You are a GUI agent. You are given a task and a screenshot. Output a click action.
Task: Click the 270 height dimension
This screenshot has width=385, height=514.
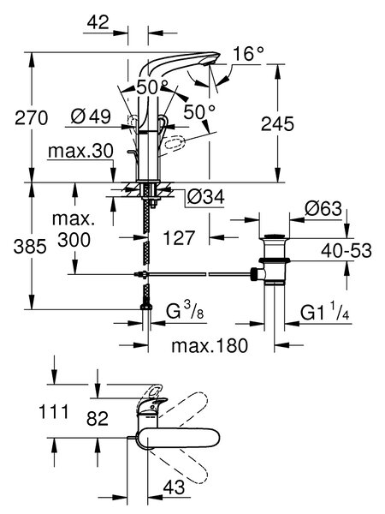(31, 118)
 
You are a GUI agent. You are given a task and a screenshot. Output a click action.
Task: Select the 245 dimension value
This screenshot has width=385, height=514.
(277, 124)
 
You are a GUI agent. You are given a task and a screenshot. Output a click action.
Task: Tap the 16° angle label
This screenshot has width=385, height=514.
(249, 53)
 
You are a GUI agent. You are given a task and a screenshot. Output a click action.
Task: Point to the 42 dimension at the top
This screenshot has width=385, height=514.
(98, 22)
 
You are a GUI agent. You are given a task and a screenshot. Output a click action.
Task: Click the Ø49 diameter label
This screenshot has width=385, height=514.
(91, 116)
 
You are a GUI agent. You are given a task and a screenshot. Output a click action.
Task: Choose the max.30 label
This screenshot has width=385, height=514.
(80, 151)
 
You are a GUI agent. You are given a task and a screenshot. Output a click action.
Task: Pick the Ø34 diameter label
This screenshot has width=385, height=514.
(206, 197)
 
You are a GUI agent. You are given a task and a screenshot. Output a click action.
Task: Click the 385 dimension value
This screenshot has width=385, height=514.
(30, 246)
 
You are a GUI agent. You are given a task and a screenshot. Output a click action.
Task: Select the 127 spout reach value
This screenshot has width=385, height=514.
(179, 237)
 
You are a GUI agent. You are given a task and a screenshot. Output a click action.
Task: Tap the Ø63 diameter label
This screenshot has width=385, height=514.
(323, 208)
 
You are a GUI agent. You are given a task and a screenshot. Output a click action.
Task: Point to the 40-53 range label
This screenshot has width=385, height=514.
(346, 251)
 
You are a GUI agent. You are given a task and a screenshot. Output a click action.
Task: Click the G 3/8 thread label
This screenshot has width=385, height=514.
(185, 311)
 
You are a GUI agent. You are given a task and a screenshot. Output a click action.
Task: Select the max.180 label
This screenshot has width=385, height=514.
(210, 345)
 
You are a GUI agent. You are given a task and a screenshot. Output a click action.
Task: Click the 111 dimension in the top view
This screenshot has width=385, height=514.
(54, 412)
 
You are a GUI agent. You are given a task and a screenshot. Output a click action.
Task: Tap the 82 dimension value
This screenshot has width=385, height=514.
(98, 419)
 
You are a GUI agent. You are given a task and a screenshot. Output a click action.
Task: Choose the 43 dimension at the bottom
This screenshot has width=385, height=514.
(174, 487)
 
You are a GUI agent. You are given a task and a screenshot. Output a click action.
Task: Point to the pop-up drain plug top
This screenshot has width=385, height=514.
(275, 236)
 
